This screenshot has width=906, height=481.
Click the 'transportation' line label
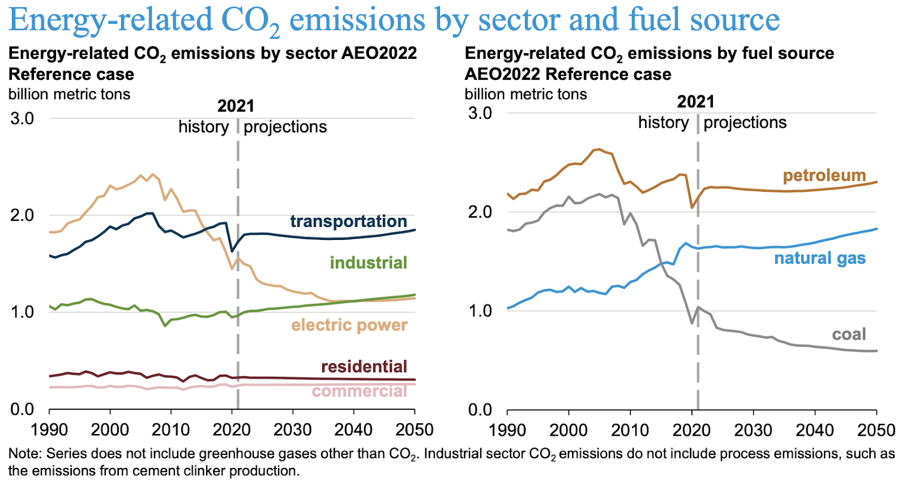coord(348,221)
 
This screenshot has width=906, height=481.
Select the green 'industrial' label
coord(368,263)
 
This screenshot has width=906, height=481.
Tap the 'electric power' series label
coord(349,325)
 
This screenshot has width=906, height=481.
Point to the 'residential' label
coord(364,367)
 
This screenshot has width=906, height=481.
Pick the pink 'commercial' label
coord(359,391)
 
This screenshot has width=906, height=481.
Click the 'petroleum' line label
coord(824,175)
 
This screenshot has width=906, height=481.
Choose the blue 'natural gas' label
coord(819,258)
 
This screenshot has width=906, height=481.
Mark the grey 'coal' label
coord(849,334)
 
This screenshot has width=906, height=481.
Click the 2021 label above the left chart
coord(236,106)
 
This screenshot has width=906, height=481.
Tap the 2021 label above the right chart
coord(695,102)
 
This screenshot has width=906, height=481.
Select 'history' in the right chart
coord(663,123)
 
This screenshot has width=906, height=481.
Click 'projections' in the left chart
coord(285,127)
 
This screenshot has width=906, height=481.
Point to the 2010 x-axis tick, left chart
coord(171,430)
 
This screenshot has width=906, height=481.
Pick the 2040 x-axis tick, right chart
coord(815,430)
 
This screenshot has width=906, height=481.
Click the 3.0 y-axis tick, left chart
coord(22,118)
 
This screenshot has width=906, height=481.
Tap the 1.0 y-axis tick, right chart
coord(480,311)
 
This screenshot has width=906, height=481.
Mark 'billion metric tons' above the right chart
coord(525,94)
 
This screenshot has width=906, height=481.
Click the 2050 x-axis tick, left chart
coord(414,430)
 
